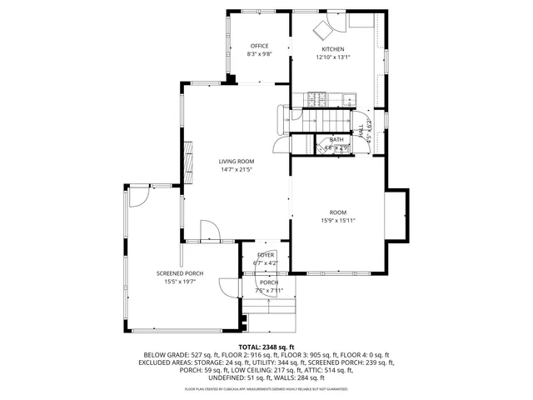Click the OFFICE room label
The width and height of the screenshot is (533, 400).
pyautogui.click(x=259, y=47)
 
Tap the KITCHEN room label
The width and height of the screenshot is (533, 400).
pyautogui.click(x=332, y=49)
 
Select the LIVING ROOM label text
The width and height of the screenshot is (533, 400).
pyautogui.click(x=237, y=161)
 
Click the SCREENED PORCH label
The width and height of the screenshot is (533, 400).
pyautogui.click(x=180, y=273)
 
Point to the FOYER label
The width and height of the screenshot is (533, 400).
pyautogui.click(x=266, y=254)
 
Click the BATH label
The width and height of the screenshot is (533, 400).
pyautogui.click(x=336, y=140)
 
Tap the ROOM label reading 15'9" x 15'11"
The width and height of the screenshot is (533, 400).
pyautogui.click(x=337, y=212)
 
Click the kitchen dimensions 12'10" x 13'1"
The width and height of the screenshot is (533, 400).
pyautogui.click(x=332, y=57)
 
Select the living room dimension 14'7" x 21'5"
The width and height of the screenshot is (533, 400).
pyautogui.click(x=237, y=169)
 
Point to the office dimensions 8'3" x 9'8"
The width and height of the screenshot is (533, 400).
pyautogui.click(x=259, y=55)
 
